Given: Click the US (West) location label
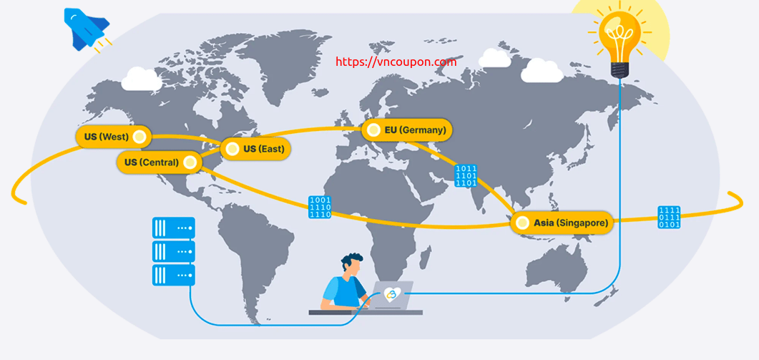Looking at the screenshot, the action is tap(113, 137).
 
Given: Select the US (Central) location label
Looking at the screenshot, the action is tap(159, 162).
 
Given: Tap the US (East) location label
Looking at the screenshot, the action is tap(255, 149).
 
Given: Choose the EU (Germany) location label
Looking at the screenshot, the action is tap(407, 130).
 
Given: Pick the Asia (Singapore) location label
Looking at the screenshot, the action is tap(562, 223).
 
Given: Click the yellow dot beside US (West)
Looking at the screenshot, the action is tap(139, 137).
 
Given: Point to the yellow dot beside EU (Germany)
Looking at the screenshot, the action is tap(373, 130).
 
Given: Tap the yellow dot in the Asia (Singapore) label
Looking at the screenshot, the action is tap(521, 223).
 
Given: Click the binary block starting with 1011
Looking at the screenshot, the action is tap(466, 176).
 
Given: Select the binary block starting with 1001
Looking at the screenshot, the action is tap(320, 207).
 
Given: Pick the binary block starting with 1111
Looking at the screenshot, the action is tap(669, 217).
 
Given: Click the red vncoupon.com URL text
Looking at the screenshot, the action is tap(396, 62).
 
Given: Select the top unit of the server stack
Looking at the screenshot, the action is tap(174, 228).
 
